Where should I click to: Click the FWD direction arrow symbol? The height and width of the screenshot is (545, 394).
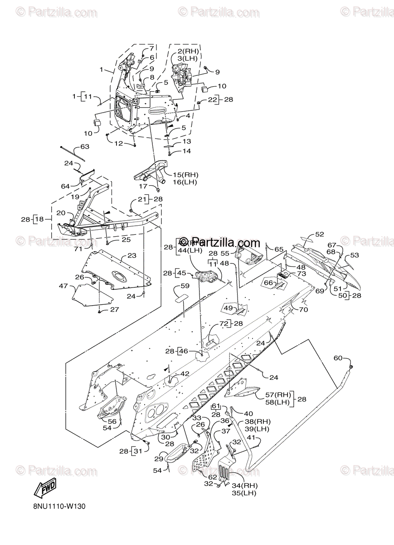coord(45,489)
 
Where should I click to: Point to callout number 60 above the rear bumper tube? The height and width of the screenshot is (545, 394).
coord(338,358)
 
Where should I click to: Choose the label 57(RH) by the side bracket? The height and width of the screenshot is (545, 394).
coord(277,395)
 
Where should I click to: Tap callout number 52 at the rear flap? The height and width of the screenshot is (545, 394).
coord(320,234)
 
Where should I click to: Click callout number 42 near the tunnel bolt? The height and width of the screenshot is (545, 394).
coord(185,373)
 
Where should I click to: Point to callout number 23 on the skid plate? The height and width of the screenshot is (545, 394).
coord(131,256)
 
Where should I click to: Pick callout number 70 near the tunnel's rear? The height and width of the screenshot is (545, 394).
coord(303,310)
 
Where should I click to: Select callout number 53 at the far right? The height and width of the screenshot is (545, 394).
coord(354,255)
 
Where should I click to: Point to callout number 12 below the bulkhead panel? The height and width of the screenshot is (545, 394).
coord(118,144)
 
